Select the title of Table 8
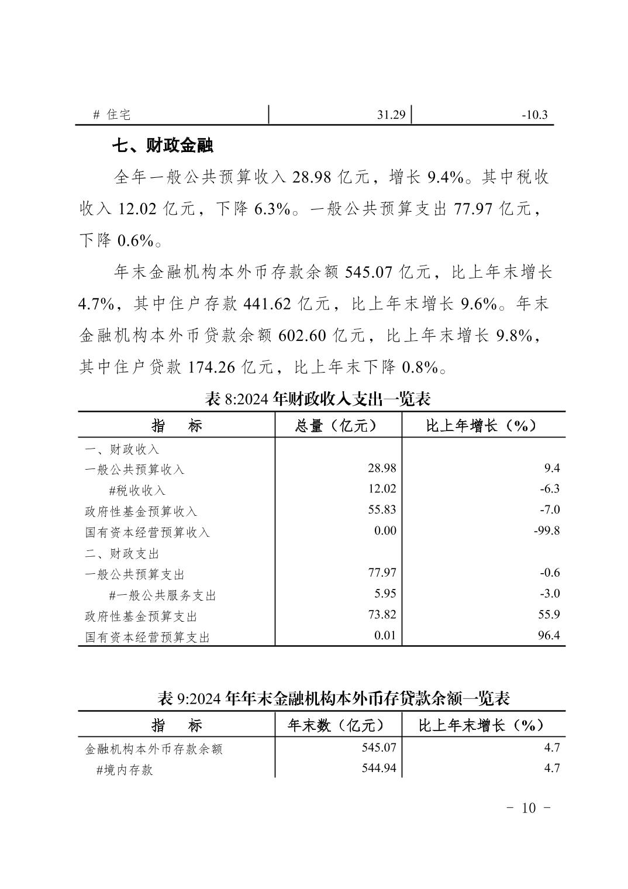[x=318, y=399]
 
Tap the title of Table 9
[x=334, y=698]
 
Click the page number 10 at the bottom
[x=528, y=808]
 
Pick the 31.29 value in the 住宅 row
[x=391, y=115]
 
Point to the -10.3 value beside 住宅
[x=534, y=115]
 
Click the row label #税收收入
[x=137, y=490]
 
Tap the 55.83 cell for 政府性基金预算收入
[x=382, y=509]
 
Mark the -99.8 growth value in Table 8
[x=547, y=530]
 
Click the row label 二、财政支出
[x=122, y=553]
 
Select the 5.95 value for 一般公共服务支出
[x=385, y=594]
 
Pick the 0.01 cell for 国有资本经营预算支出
[x=385, y=635]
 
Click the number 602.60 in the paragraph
[x=302, y=336]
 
